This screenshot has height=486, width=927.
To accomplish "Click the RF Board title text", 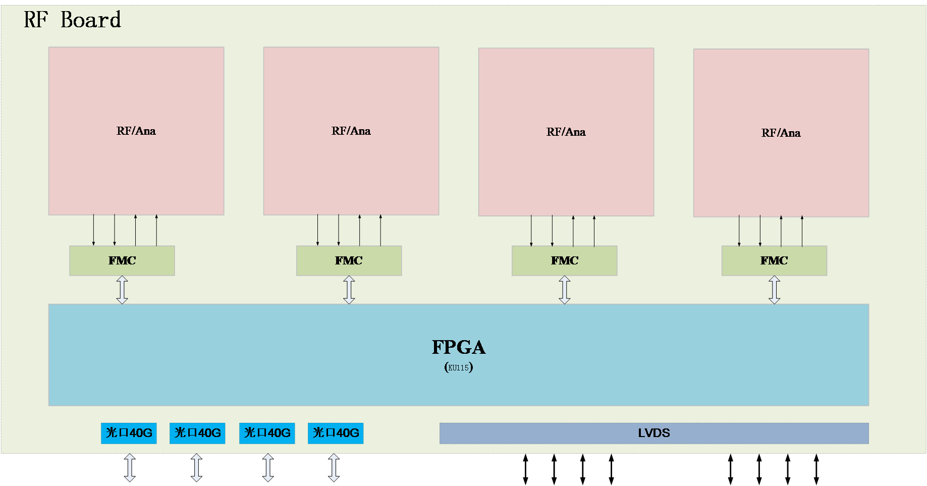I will pos(72,20).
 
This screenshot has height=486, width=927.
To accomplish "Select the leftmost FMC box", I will pos(122,260).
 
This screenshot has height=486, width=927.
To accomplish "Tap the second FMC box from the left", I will pos(349,260).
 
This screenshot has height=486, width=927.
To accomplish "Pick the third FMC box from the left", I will pos(564,260).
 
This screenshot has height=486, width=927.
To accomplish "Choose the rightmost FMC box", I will pos(774,260).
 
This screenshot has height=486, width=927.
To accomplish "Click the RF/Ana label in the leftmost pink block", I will pos(136,131).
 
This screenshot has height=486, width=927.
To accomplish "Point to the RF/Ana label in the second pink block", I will pos(351,131).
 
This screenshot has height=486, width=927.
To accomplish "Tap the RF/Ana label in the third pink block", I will pos(566,132).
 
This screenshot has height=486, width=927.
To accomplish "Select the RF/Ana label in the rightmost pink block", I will pos(781,133).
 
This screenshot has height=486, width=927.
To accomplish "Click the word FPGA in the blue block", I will pos(458,347).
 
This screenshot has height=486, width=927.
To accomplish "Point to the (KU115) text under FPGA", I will pos(458,367).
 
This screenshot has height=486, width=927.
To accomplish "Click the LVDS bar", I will pos(654,433).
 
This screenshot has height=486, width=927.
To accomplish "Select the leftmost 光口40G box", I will pos(129,433).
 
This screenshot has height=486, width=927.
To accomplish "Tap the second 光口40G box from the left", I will pos(197,433).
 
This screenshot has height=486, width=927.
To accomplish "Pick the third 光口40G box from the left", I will pos(267,433).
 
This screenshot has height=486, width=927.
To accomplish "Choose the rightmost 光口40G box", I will pos(336,433).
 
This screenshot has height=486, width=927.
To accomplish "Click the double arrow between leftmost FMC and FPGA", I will pos(122,290).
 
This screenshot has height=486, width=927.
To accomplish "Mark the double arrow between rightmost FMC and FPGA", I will pos(774,290).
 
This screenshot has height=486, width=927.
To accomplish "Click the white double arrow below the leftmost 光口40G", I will pos(130,468).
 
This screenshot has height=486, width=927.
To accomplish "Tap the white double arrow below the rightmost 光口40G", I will pos(334,468).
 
